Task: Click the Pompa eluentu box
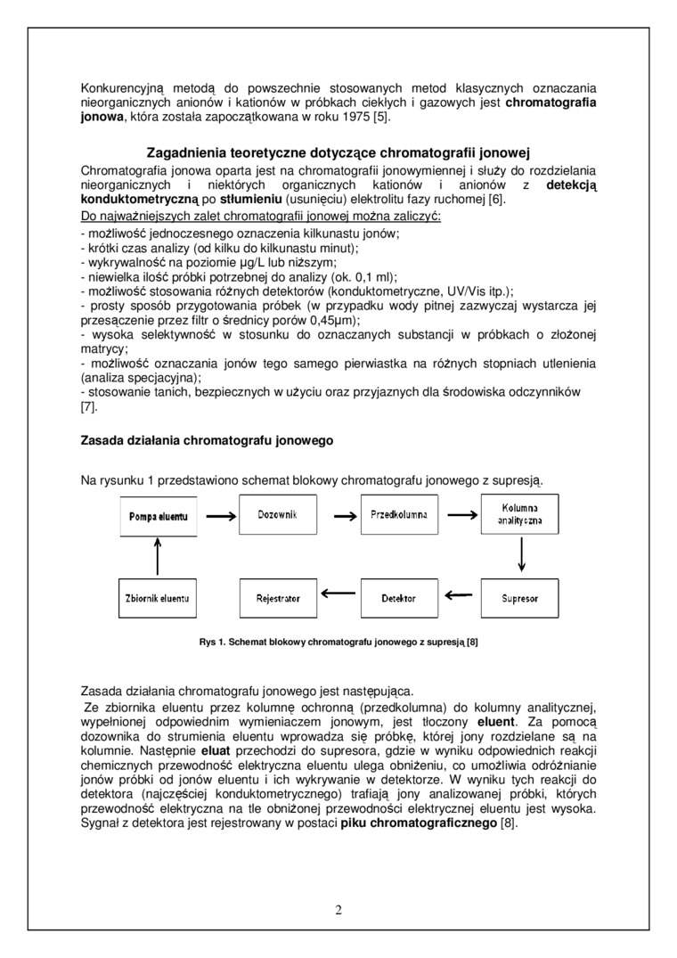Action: pyautogui.click(x=158, y=516)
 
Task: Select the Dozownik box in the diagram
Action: pyautogui.click(x=277, y=515)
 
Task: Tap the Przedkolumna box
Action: pyautogui.click(x=398, y=515)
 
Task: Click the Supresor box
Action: pyautogui.click(x=519, y=599)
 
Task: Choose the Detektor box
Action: pyautogui.click(x=398, y=599)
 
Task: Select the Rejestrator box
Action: pyautogui.click(x=277, y=599)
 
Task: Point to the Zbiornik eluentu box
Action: pyautogui.click(x=158, y=599)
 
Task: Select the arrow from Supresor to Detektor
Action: pyautogui.click(x=459, y=595)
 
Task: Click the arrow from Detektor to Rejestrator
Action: pyautogui.click(x=338, y=595)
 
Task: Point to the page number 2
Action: pyautogui.click(x=338, y=910)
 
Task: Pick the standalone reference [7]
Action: pyautogui.click(x=88, y=407)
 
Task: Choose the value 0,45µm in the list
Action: pyautogui.click(x=336, y=319)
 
